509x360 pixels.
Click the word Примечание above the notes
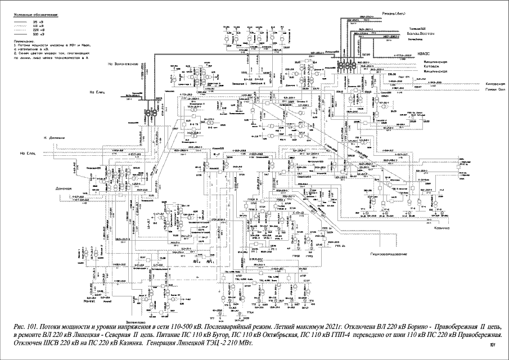tap(22, 41)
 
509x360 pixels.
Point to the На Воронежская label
tap(123, 64)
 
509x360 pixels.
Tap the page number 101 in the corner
tap(493, 345)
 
